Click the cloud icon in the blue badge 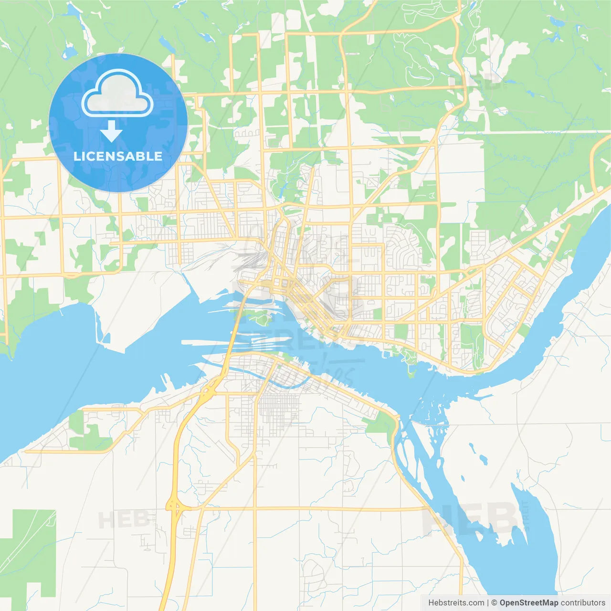(x=117, y=94)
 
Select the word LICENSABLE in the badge (x=118, y=156)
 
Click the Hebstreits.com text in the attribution (x=456, y=603)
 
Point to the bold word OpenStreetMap (x=528, y=603)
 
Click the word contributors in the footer (x=583, y=603)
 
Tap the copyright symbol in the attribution (x=494, y=603)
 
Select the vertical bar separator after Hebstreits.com (x=488, y=603)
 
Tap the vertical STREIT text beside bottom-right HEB (x=526, y=516)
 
